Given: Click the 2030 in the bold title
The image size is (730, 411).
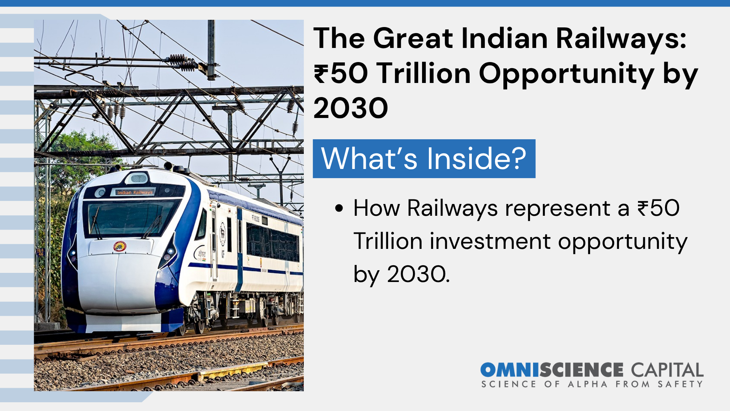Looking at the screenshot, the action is click(351, 108).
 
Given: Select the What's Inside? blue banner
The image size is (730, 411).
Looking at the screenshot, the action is click(424, 158).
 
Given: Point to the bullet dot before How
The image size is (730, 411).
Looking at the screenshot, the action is click(339, 209).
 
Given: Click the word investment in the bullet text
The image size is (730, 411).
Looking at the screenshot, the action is click(490, 241).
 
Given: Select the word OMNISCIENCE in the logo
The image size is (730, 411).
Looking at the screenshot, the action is click(552, 370).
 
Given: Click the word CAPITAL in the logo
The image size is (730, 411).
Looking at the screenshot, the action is click(667, 370).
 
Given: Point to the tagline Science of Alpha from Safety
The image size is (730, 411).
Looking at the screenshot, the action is click(592, 384).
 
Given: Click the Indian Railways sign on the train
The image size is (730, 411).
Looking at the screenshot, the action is click(135, 192).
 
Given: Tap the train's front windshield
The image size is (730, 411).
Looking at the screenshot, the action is click(131, 218).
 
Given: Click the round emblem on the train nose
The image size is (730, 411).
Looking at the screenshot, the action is click(120, 246).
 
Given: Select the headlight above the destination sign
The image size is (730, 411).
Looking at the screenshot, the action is click(139, 178).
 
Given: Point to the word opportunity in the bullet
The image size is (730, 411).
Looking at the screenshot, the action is click(623, 242).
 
